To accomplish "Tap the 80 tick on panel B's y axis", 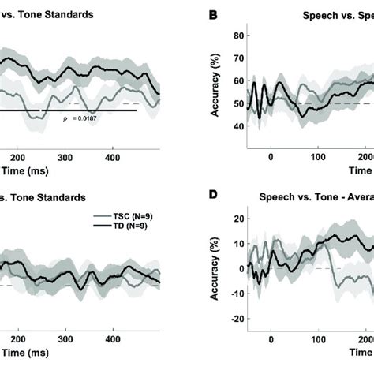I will click(x=236, y=35).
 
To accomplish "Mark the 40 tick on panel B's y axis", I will click(x=236, y=126).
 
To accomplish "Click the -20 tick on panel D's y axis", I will click(x=234, y=320).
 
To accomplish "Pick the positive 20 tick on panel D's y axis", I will click(x=236, y=217).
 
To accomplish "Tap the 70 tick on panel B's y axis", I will click(x=236, y=58).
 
